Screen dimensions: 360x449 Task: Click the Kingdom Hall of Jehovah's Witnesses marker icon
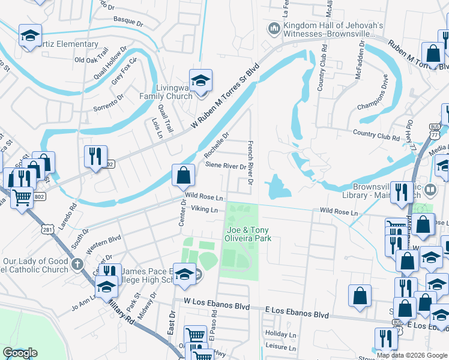274,28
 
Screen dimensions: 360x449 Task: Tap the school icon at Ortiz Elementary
29,36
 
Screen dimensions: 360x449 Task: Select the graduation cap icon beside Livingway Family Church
200,80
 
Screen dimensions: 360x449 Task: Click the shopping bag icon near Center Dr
183,175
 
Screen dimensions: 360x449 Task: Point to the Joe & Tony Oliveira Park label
249,234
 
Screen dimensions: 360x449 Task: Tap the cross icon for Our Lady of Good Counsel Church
77,265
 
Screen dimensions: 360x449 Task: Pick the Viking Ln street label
204,209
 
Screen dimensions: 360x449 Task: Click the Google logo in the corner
20,353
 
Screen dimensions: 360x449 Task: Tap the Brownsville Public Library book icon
430,190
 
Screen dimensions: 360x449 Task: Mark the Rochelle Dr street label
217,144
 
